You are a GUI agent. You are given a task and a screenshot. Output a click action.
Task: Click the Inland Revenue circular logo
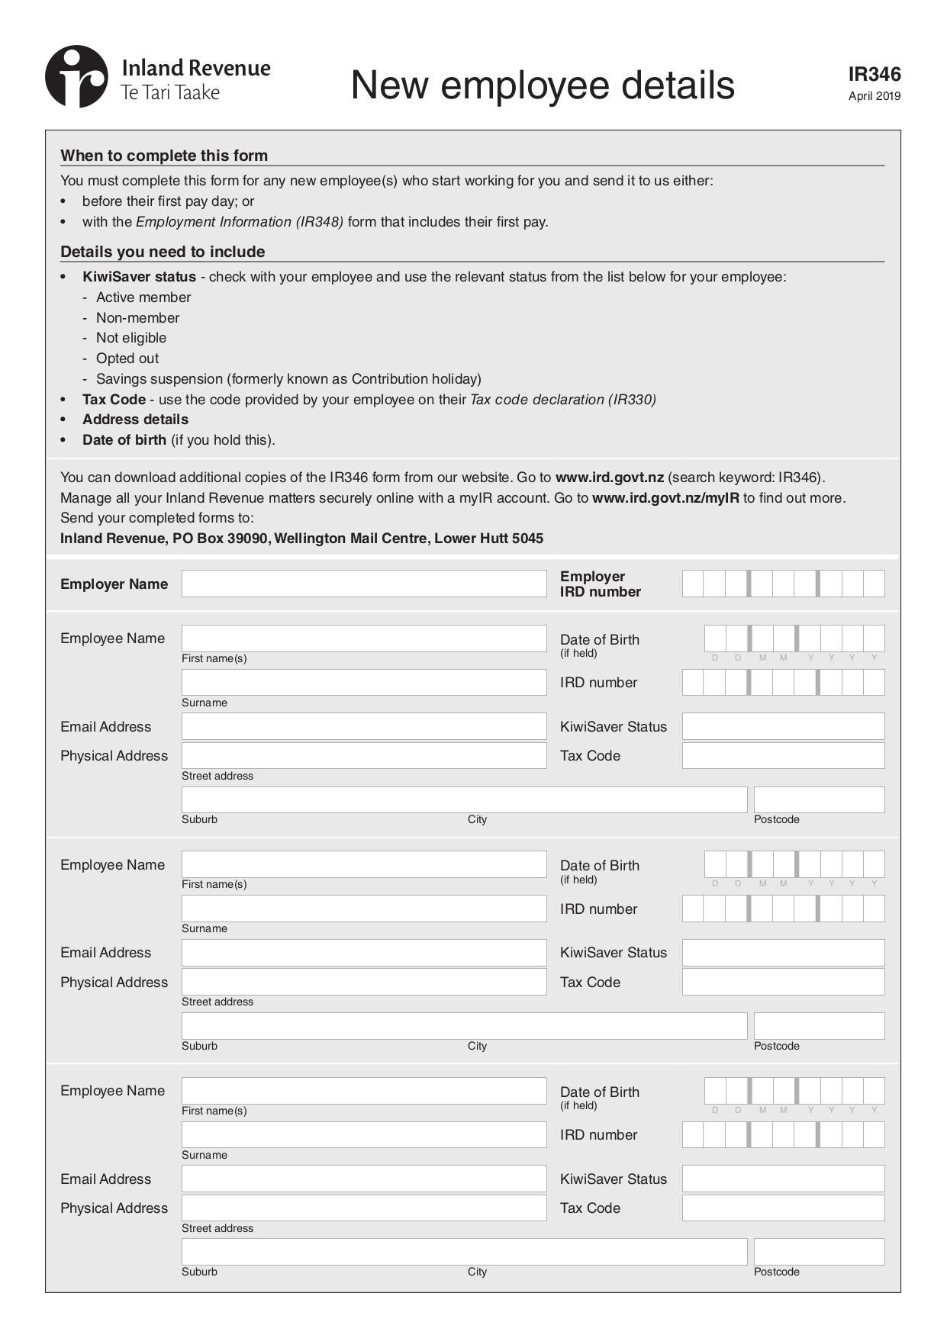[x=76, y=76]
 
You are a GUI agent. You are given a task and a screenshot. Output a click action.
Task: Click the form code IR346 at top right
[x=874, y=74]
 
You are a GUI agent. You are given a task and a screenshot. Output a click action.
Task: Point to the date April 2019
[x=874, y=96]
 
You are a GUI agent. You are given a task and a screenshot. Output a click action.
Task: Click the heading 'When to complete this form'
[x=164, y=156]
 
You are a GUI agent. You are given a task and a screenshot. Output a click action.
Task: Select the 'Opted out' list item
[x=127, y=359]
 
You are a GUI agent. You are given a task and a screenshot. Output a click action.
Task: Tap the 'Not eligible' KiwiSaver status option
[x=130, y=338]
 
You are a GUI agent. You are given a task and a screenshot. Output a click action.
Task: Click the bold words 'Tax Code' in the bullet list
[x=114, y=400]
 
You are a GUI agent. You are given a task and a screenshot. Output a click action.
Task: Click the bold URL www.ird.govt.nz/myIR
[x=665, y=498]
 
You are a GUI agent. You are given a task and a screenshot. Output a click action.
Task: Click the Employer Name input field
[x=364, y=584]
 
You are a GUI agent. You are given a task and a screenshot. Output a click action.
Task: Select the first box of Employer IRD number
[x=692, y=584]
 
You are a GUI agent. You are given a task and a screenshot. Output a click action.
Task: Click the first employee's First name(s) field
[x=364, y=638]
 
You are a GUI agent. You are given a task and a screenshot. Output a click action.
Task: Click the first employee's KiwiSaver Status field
[x=783, y=726]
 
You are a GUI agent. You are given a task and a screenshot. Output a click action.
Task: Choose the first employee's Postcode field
[x=819, y=799]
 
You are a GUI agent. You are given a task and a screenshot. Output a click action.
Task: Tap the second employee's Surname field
[x=364, y=909]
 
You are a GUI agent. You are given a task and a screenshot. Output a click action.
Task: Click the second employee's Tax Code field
[x=783, y=982]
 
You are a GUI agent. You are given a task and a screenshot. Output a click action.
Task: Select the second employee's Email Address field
[x=364, y=953]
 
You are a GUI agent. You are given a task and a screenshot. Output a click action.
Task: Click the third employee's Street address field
[x=364, y=1208]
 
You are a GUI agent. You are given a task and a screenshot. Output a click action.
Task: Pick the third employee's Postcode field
[x=819, y=1252]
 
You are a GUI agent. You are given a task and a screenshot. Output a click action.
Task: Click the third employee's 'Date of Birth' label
[x=599, y=1092]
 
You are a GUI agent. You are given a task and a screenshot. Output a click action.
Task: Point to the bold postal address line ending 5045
[x=301, y=539]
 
